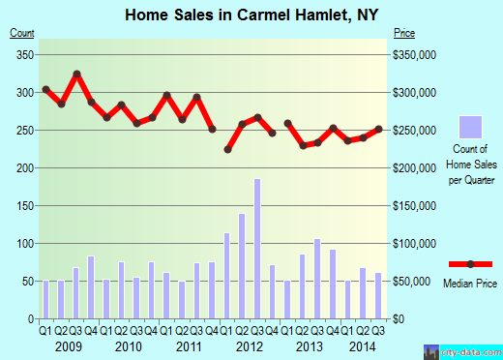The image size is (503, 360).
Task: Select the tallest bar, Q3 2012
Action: tap(257, 249)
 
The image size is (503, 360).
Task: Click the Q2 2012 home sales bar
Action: tap(242, 266)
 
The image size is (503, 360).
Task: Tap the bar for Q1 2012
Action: tap(227, 276)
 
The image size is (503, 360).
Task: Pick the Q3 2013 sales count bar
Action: tap(317, 279)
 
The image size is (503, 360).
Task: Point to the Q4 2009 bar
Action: tap(91, 287)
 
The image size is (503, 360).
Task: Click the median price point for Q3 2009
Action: tap(76, 74)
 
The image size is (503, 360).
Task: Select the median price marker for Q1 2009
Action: tap(46, 89)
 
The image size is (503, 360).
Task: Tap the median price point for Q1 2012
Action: tap(227, 150)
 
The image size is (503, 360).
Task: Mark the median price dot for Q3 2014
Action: tap(378, 129)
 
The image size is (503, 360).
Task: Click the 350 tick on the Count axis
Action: tap(22, 54)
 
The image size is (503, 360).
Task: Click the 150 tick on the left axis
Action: tap(22, 206)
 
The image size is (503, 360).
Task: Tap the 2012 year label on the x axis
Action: tap(250, 345)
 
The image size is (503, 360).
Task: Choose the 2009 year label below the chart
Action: tap(69, 345)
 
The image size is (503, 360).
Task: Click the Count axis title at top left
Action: tap(21, 33)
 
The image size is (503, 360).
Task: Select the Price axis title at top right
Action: tap(403, 33)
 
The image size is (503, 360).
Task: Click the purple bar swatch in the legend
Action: tap(469, 127)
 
